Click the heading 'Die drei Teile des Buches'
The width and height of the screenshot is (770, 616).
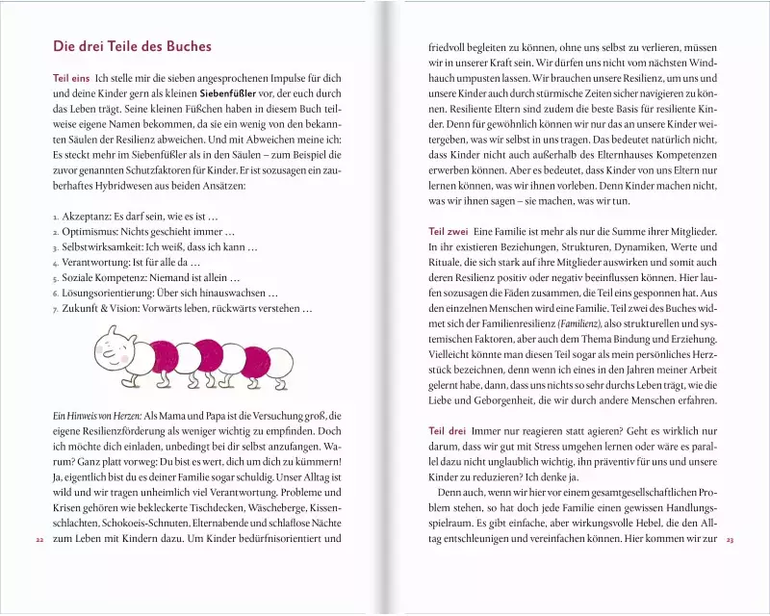tap(134, 47)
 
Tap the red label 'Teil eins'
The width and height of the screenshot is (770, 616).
tap(71, 76)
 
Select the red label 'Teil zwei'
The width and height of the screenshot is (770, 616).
tap(448, 233)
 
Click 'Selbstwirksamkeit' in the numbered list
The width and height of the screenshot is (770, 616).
tap(106, 247)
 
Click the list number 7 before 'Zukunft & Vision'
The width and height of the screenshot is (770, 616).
tap(55, 310)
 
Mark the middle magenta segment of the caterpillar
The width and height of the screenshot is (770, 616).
tap(203, 362)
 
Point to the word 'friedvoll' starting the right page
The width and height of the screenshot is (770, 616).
tap(448, 45)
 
